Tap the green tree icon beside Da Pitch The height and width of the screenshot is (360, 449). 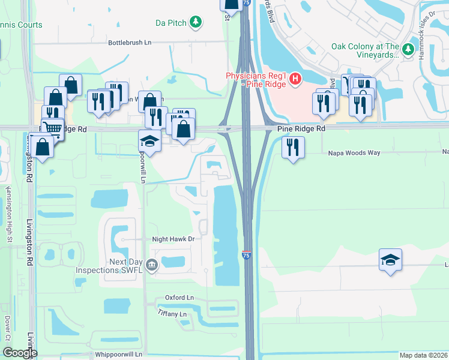(196, 23)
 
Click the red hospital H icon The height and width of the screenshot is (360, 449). (295, 79)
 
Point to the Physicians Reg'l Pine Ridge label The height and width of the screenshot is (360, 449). (256, 79)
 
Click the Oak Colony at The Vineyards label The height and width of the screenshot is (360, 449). (365, 50)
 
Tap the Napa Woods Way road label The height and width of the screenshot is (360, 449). (354, 153)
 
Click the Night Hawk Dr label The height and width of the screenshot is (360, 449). (174, 239)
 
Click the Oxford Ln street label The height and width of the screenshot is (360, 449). (179, 298)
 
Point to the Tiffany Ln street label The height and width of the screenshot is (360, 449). (172, 314)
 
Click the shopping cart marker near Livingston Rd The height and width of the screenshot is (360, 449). (53, 128)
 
